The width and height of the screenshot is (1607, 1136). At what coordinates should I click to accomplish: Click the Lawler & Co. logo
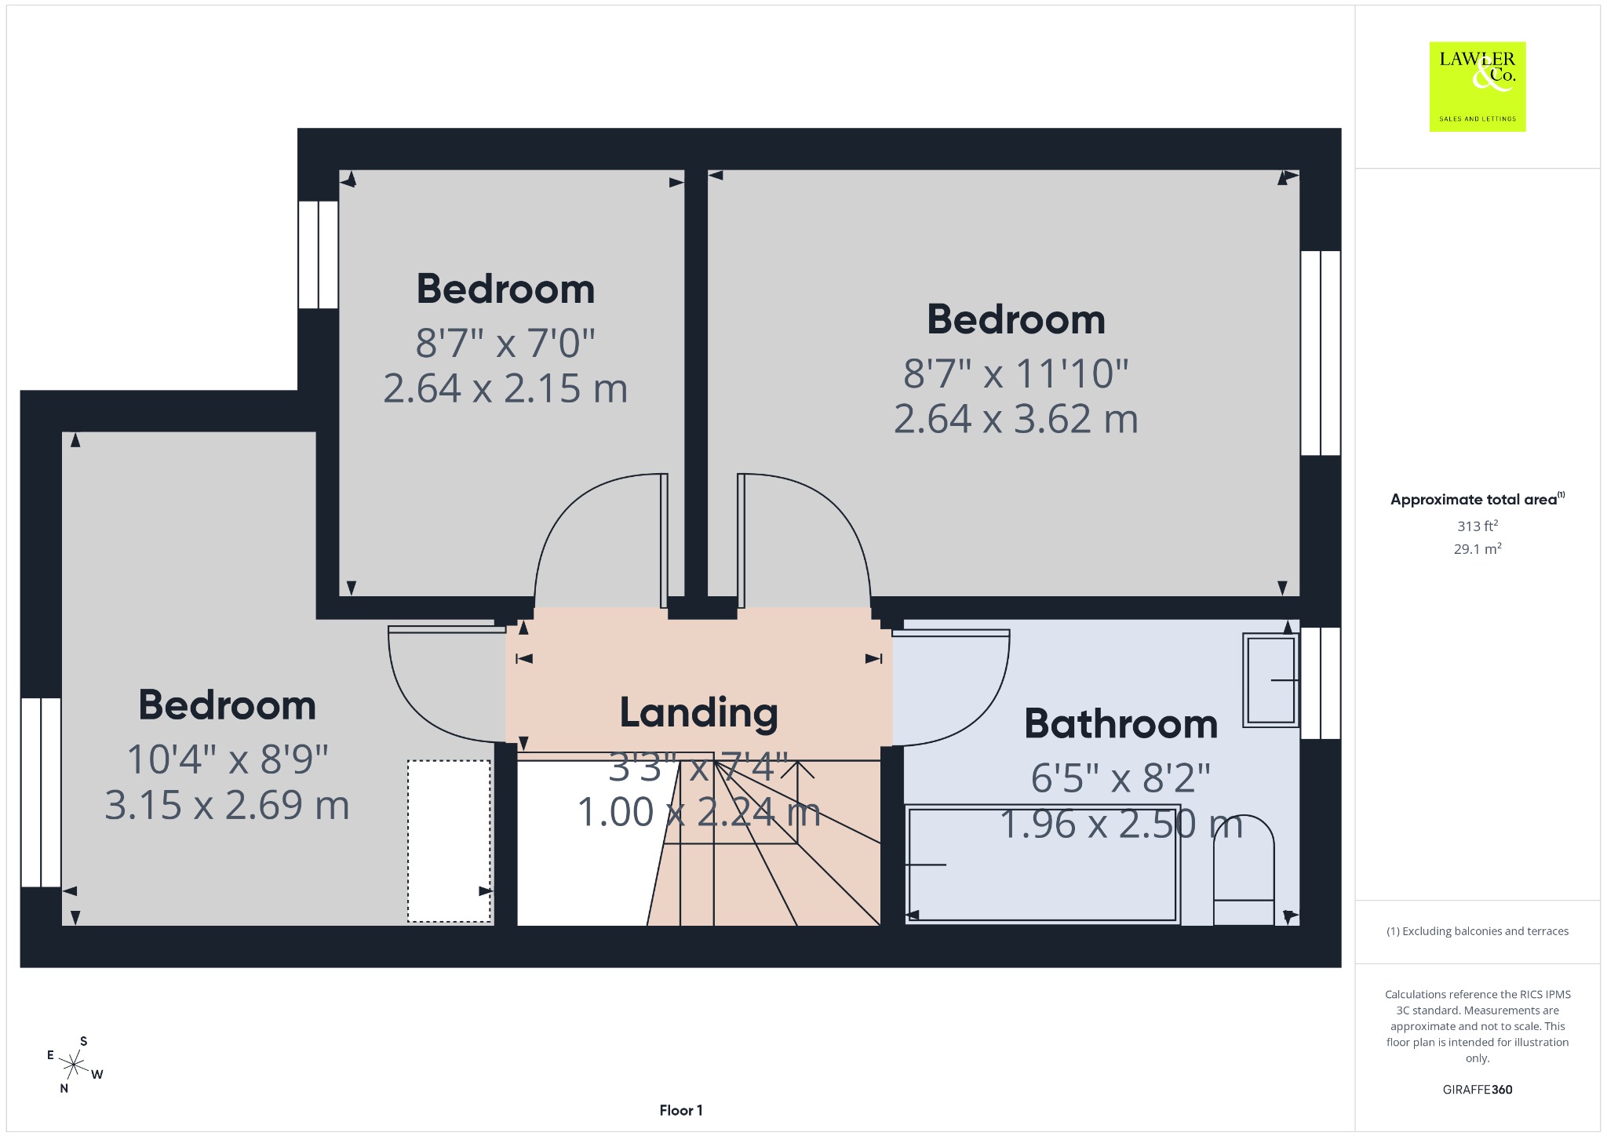(1477, 86)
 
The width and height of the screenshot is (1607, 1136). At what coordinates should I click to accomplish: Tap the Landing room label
(698, 712)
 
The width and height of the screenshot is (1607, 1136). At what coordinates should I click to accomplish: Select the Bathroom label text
(1121, 723)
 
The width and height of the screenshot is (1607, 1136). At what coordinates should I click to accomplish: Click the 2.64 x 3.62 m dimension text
(1015, 419)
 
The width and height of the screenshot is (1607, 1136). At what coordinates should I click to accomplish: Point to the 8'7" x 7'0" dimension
(505, 343)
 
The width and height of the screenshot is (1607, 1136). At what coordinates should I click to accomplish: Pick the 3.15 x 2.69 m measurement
(227, 806)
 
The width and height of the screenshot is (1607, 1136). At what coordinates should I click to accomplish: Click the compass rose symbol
(75, 1065)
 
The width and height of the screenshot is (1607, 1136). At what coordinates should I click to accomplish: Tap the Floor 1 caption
(681, 1110)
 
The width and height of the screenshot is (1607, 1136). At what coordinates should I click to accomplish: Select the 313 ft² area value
(1477, 526)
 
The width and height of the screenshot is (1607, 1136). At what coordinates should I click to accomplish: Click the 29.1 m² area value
(1477, 548)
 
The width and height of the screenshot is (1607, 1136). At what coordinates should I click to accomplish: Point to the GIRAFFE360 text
(1477, 1089)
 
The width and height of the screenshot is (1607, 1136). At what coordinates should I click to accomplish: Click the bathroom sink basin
(1270, 680)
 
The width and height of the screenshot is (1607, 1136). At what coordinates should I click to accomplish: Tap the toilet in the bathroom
(1244, 870)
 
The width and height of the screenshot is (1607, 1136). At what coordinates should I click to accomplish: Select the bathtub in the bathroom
(1042, 864)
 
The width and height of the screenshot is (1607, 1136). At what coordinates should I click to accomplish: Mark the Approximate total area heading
(1477, 499)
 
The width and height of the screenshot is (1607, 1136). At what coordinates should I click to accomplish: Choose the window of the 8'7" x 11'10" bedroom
(1321, 353)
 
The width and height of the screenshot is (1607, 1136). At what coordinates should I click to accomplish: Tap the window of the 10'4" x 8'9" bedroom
(41, 792)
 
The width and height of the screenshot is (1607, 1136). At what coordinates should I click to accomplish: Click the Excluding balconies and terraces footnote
(1477, 931)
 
